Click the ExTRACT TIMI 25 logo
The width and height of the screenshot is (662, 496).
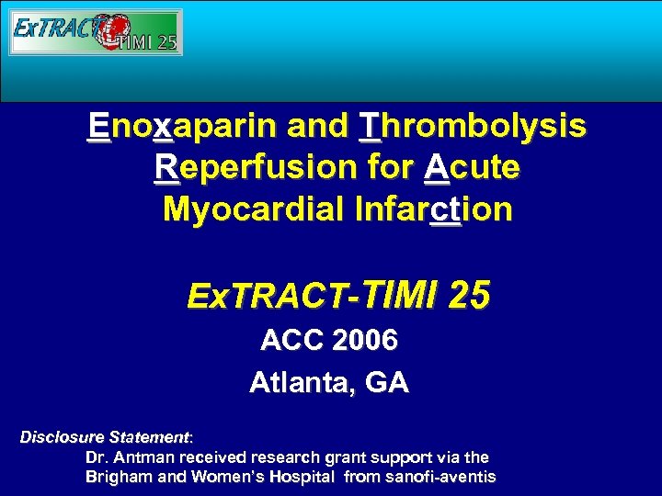click(96, 32)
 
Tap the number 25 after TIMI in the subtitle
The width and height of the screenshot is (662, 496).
click(470, 296)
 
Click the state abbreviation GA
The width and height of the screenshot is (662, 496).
click(386, 382)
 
